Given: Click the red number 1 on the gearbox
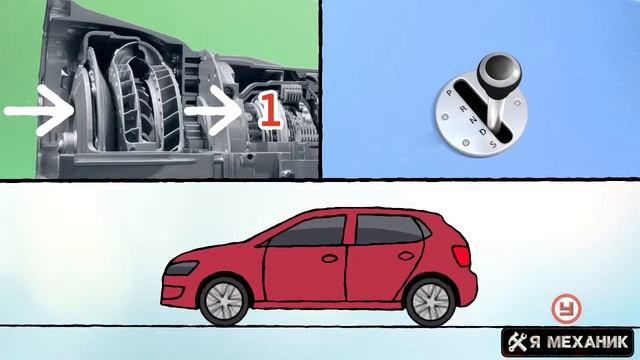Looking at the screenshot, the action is (x=270, y=110).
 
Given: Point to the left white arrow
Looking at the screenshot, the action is (x=39, y=110).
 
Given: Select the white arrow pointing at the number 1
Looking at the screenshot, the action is (x=214, y=110).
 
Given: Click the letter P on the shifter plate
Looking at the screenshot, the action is (x=449, y=93).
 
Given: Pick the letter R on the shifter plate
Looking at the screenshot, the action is (x=463, y=108).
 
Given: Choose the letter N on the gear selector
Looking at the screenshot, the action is (x=473, y=120).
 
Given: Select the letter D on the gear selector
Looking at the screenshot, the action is (x=483, y=132).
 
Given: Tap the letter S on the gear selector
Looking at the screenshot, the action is (x=493, y=144).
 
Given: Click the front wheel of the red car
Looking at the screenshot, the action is (x=223, y=301).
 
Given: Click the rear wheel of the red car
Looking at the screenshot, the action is (x=430, y=302).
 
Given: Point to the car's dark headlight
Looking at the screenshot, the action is (x=181, y=267).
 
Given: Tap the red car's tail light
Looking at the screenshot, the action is (x=461, y=256).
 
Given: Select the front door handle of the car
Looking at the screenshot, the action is (x=329, y=258).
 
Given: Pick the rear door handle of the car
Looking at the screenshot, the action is (x=406, y=256).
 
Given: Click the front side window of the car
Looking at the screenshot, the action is (x=309, y=231).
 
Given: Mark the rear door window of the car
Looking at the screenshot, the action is (x=388, y=229).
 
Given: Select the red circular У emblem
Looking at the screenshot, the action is (x=567, y=308).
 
